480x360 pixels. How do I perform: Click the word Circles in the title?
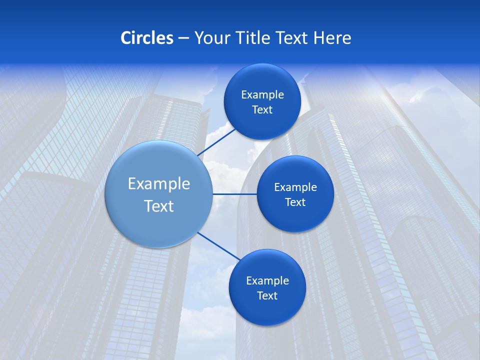tap(146, 38)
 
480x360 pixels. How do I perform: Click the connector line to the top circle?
tap(217, 141)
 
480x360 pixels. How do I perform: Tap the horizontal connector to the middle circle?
tap(234, 194)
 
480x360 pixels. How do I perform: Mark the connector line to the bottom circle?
tap(219, 245)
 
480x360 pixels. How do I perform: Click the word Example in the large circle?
tap(159, 184)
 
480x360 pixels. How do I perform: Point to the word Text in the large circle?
tap(159, 206)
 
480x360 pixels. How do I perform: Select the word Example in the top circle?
tap(262, 95)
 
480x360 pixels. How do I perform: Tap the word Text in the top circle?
tap(262, 110)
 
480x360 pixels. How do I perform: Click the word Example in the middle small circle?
tap(295, 187)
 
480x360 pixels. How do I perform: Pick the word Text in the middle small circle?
tap(295, 202)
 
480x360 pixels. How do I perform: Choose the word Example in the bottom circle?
tap(267, 281)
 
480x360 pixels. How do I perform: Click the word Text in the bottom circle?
tap(267, 296)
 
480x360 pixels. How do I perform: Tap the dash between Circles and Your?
tap(183, 38)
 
